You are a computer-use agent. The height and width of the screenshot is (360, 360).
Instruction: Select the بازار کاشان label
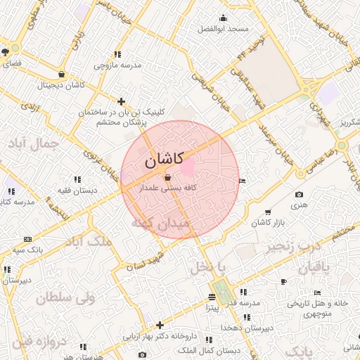[x=266, y=223]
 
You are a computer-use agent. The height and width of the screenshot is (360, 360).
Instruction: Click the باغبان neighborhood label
[x=314, y=268]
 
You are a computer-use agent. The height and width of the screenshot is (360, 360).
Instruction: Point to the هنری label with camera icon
[x=300, y=205]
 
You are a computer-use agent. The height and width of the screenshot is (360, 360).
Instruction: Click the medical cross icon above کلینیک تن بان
[x=122, y=101]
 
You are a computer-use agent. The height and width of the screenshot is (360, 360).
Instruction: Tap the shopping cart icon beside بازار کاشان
[x=267, y=212]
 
